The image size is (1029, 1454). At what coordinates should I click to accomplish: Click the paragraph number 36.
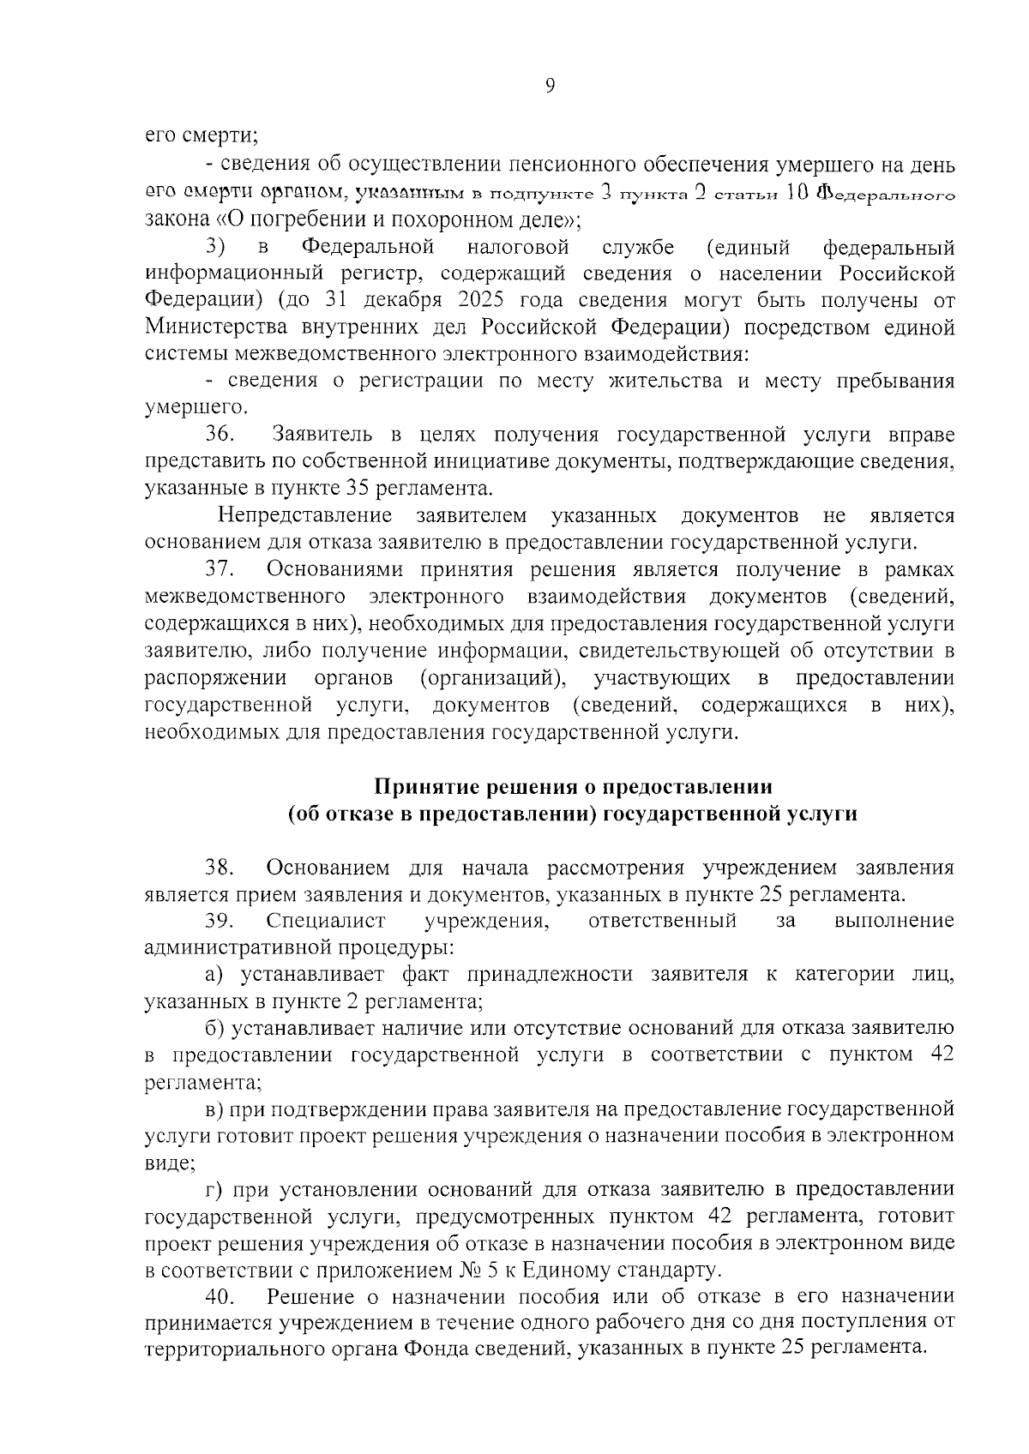tap(220, 435)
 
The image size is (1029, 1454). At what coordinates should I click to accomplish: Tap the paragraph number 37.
tap(220, 569)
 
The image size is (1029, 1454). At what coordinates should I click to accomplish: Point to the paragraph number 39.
tap(220, 921)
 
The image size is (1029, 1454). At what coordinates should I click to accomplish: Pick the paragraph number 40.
tap(220, 1296)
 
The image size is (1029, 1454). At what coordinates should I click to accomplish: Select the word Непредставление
tap(306, 515)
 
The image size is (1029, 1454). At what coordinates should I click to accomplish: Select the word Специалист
tap(327, 921)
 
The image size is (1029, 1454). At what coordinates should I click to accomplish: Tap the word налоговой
tap(518, 248)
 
